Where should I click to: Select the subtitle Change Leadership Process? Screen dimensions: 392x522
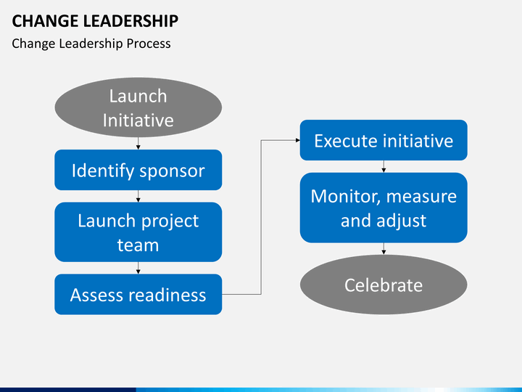91,44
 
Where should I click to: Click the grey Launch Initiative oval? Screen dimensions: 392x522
138,107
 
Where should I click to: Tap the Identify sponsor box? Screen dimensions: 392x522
138,171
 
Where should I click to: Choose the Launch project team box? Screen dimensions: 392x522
138,232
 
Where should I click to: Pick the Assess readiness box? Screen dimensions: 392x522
138,295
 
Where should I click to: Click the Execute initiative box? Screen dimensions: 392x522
384,140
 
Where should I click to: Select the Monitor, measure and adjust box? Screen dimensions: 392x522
384,208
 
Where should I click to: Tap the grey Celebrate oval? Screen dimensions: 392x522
384,285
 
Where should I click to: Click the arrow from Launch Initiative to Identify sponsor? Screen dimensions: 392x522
138,145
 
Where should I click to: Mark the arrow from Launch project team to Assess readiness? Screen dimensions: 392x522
138,269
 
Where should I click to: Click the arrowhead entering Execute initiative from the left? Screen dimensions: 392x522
297,140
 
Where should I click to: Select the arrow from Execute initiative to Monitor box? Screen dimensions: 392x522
384,168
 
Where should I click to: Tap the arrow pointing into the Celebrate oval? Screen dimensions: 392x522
384,250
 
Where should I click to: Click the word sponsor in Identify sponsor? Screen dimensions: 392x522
172,171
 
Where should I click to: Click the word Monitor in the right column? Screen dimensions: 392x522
344,196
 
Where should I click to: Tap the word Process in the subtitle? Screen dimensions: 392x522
149,44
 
